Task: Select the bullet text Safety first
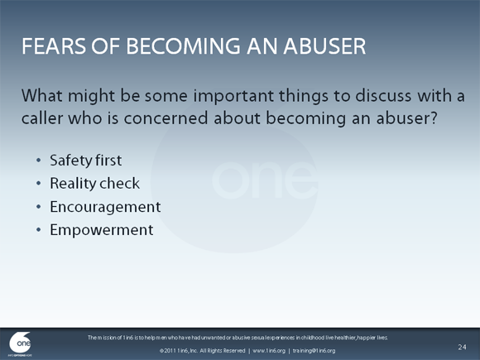86,160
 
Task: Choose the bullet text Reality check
94,183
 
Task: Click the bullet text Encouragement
105,207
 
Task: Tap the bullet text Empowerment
101,230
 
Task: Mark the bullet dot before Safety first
37,161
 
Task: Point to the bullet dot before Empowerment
37,231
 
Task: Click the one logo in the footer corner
20,343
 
